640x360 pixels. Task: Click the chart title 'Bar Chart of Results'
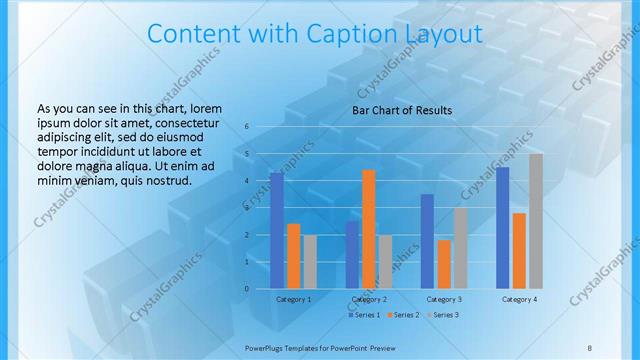pos(402,110)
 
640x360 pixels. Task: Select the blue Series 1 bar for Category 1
pos(277,231)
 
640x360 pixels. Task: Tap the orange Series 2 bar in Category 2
pos(368,229)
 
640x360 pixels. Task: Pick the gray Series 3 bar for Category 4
pos(535,221)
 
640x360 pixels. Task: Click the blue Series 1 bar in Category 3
pos(427,241)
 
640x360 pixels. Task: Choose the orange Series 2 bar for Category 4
pos(519,250)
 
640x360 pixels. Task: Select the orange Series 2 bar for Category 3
pos(443,264)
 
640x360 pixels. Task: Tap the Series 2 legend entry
pos(403,315)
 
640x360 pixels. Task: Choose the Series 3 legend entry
pos(443,315)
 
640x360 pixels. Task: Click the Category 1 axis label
pos(293,299)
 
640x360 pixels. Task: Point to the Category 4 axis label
pos(519,299)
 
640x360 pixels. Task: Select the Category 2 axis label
pos(369,299)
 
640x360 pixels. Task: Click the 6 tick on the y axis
pos(246,127)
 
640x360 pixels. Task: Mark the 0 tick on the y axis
pos(246,289)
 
